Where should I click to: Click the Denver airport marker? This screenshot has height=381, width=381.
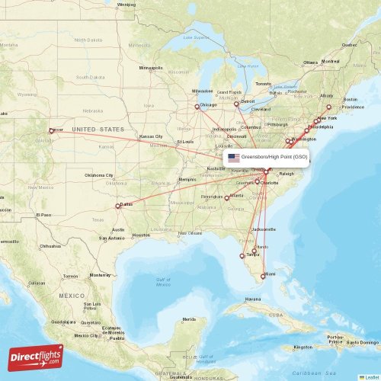[52, 130]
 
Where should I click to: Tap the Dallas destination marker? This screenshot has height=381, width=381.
[118, 206]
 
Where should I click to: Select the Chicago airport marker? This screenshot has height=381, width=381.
[197, 107]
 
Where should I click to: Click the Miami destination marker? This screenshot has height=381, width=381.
[264, 275]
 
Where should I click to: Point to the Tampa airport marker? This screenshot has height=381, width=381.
[243, 256]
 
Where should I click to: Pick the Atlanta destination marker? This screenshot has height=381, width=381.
[227, 197]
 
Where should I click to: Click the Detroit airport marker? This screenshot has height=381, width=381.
[235, 102]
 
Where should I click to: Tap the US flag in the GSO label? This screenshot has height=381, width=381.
[233, 157]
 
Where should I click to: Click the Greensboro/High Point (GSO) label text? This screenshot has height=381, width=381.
[274, 157]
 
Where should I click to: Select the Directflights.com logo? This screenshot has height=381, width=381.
[36, 357]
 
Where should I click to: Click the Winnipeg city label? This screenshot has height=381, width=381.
[126, 4]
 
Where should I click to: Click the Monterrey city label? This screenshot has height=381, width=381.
[101, 275]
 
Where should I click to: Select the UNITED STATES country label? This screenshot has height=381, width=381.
[98, 130]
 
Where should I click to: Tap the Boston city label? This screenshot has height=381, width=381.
[350, 99]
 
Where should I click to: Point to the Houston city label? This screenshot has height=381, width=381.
[141, 235]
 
